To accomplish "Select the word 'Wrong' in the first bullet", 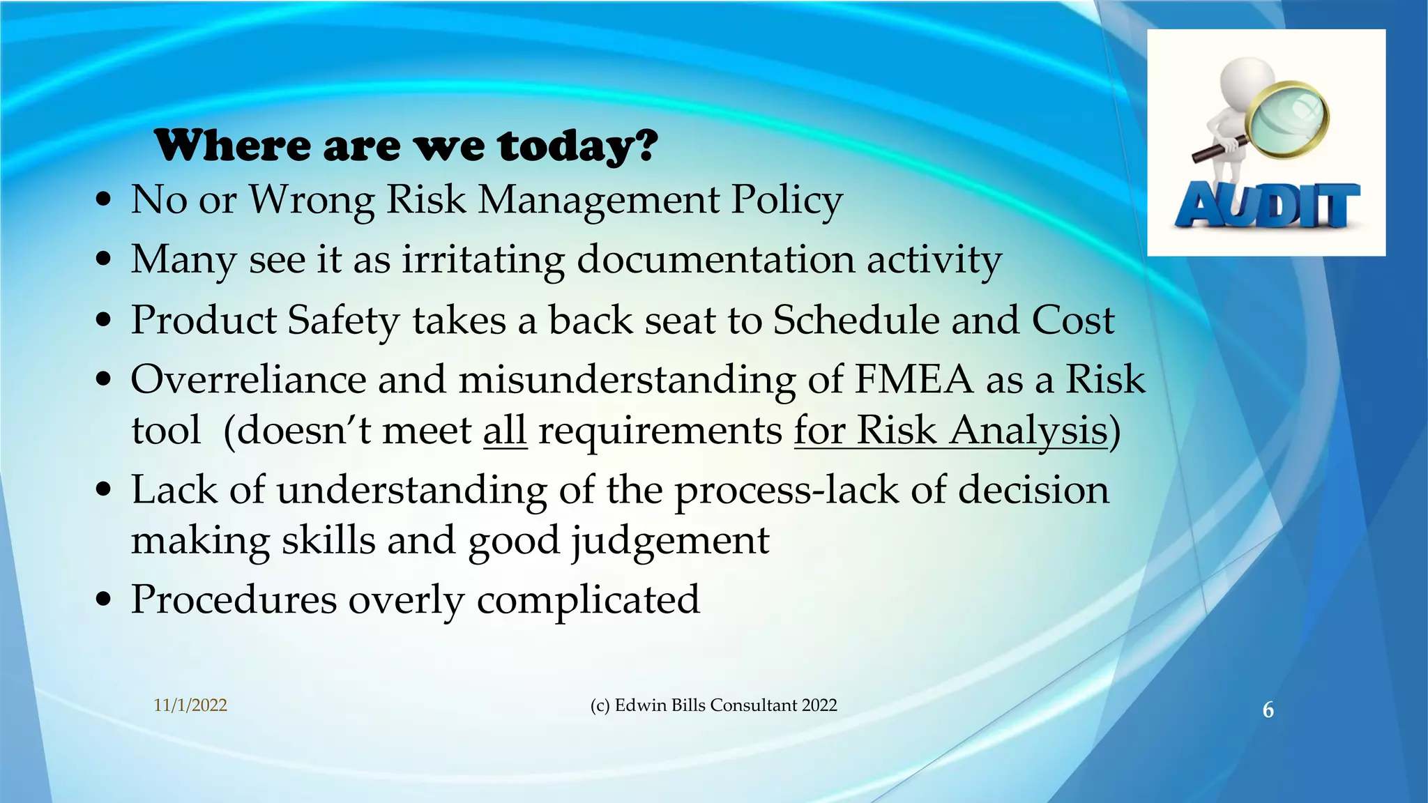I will (312, 200).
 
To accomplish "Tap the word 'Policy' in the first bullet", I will (787, 200).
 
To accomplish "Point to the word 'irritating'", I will (483, 259).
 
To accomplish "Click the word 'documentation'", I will (715, 259).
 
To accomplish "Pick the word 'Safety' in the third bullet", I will (343, 321).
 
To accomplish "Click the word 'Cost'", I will (1072, 321).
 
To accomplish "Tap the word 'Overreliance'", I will (248, 381).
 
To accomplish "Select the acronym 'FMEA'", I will (913, 381).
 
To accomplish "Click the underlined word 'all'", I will (505, 430).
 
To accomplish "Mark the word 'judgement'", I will (670, 541).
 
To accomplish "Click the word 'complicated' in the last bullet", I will (588, 599).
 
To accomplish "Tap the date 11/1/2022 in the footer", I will (190, 705).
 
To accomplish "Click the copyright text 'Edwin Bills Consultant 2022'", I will (725, 705).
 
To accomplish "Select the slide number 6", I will (1268, 710).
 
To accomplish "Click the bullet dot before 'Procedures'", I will (104, 599).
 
